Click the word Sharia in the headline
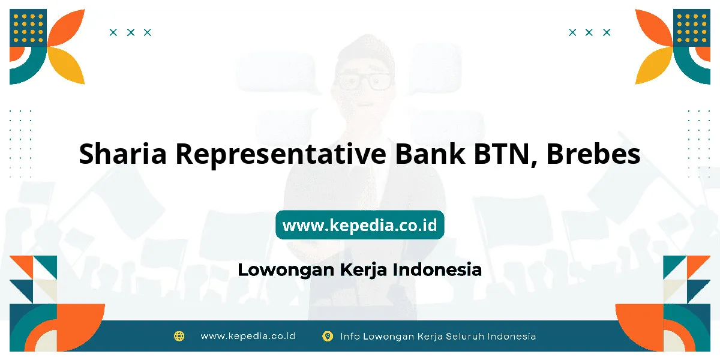point(122,154)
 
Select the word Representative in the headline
point(281,154)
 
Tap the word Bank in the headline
point(430,153)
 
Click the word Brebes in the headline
point(593,153)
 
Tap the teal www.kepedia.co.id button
point(359,224)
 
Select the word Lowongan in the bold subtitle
point(286,270)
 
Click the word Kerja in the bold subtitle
point(363,270)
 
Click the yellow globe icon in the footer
point(179,336)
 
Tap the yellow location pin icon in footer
point(328,336)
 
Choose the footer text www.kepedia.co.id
point(248,336)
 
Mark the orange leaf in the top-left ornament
point(67,28)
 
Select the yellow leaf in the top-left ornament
point(67,65)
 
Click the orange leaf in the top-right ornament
point(653,28)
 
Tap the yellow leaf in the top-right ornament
point(653,65)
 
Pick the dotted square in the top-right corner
point(692,28)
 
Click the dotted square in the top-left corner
point(28,28)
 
